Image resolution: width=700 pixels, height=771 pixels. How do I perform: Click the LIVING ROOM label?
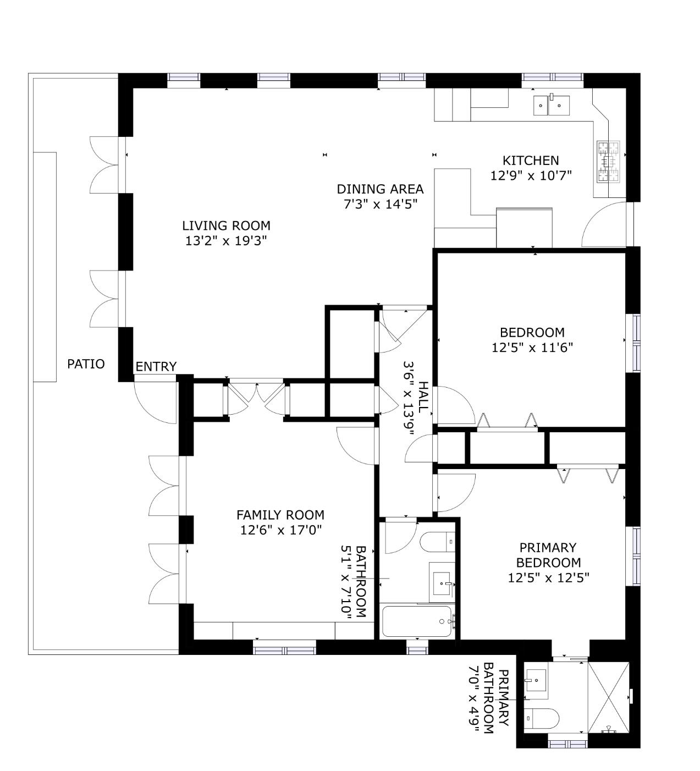tap(226, 225)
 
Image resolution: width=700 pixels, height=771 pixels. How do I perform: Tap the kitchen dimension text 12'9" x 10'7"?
tap(531, 175)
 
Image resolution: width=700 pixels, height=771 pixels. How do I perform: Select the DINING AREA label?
tap(380, 189)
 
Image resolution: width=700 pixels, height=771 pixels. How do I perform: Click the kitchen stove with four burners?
tap(608, 161)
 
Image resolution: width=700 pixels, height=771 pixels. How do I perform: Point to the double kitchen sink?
tap(550, 104)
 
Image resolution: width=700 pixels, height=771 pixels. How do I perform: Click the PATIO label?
tap(86, 364)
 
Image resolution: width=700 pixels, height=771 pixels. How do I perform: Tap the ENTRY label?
tap(156, 367)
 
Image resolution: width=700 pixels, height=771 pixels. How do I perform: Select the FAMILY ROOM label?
tap(280, 515)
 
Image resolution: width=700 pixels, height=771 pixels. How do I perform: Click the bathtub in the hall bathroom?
tap(417, 621)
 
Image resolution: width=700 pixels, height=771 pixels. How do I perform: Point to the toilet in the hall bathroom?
tap(437, 542)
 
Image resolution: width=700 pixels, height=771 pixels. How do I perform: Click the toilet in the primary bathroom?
tap(541, 718)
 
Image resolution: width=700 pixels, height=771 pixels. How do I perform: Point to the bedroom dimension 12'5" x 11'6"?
tap(532, 348)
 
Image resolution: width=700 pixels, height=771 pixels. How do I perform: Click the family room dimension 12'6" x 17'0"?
tap(280, 530)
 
